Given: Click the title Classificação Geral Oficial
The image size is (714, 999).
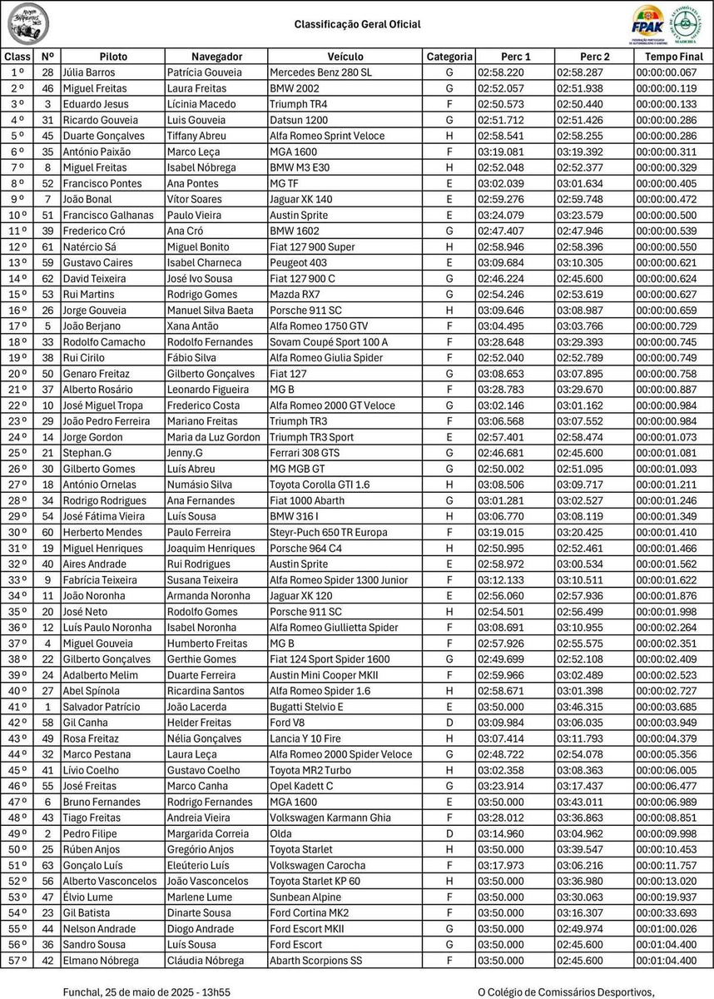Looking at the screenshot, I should click(357, 25).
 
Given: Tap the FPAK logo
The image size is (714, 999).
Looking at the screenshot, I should click(647, 23).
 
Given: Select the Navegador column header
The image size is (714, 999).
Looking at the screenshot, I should click(216, 57).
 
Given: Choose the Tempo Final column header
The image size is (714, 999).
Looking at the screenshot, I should click(673, 57).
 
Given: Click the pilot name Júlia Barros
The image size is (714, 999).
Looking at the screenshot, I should click(87, 72).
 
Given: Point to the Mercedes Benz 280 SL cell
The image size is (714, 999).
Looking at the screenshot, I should click(321, 72).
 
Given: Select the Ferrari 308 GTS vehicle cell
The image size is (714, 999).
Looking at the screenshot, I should click(305, 453).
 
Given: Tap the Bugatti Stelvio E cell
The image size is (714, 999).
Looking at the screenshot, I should click(306, 707).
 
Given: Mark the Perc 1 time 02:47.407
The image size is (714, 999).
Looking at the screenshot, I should click(501, 231).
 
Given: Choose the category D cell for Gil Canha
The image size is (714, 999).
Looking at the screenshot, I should click(449, 723).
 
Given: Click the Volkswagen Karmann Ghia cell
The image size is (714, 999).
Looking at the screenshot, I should click(330, 818).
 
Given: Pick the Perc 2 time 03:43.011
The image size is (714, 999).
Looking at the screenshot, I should click(582, 802).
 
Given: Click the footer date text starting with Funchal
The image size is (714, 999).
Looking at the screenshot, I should click(147, 992).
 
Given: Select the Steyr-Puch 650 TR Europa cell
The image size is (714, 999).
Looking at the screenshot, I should click(328, 532).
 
